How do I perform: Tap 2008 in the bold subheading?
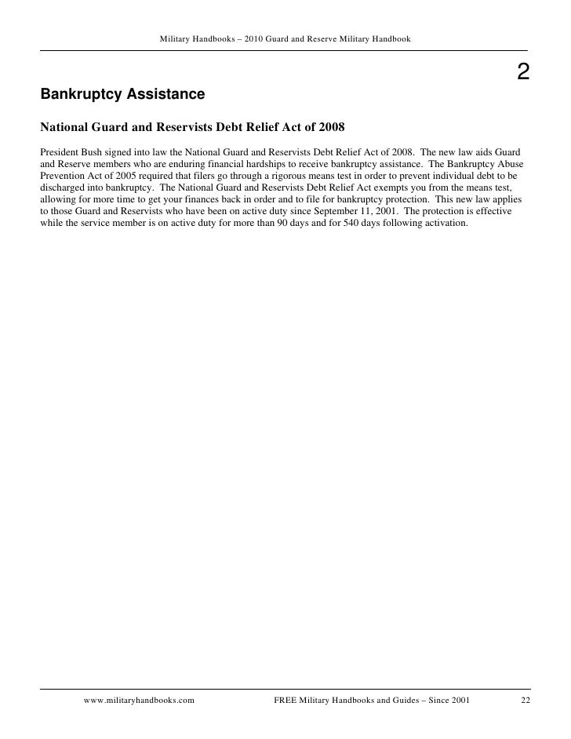(330, 126)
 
